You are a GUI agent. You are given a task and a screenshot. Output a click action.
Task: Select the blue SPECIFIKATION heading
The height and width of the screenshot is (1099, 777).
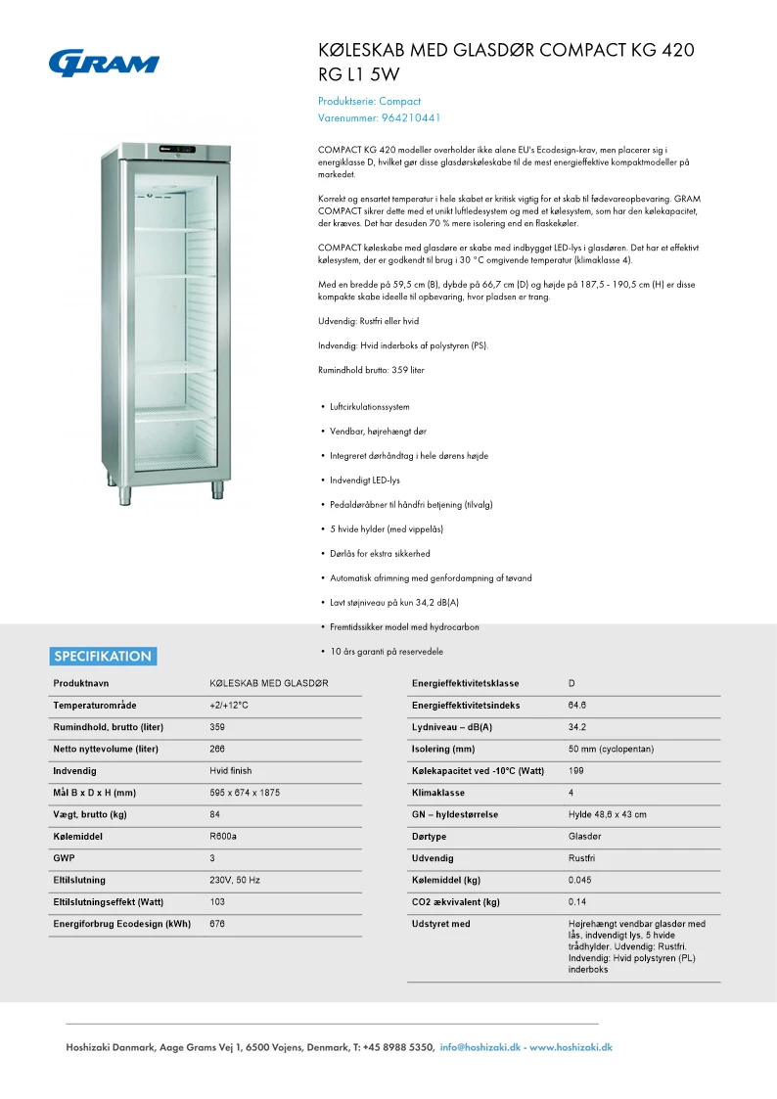[x=103, y=657]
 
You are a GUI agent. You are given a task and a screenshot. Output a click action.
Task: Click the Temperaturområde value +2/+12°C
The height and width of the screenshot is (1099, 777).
[x=229, y=706]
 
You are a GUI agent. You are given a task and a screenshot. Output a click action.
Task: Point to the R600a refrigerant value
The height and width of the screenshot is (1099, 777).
[x=223, y=837]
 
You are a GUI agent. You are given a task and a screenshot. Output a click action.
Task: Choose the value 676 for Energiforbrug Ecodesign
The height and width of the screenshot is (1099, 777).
[x=217, y=924]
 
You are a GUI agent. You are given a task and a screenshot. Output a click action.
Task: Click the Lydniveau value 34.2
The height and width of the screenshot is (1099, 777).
[x=577, y=727]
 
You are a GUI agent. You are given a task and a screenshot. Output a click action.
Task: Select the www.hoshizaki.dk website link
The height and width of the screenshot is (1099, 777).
[x=571, y=1047]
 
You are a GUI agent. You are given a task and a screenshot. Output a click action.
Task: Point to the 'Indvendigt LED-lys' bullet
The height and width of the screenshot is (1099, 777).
[x=365, y=481]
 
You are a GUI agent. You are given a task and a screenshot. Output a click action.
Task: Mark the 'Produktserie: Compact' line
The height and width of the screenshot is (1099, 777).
[x=369, y=101]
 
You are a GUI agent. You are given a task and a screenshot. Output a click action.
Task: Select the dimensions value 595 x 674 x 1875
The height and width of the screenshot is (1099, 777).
[x=245, y=793]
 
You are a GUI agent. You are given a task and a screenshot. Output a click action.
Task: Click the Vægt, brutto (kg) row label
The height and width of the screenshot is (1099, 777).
[x=90, y=814]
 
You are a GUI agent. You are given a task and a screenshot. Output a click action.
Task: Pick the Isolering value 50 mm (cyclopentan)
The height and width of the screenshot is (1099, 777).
[x=611, y=750]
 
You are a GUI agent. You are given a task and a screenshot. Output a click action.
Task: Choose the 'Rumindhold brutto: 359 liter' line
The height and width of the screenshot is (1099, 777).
[x=371, y=370]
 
